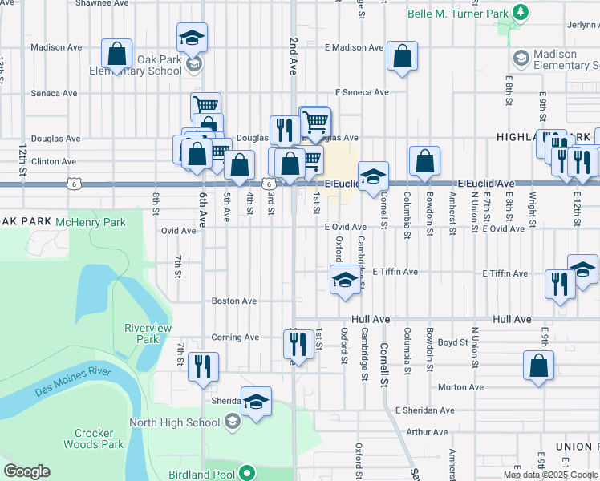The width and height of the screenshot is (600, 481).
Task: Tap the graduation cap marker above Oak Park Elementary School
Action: (x=193, y=38)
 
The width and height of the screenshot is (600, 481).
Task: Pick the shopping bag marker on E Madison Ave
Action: (x=402, y=57)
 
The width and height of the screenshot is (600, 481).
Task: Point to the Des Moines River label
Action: (x=72, y=382)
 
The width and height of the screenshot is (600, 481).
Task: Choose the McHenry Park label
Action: (x=97, y=221)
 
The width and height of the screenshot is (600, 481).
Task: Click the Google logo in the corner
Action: (x=26, y=471)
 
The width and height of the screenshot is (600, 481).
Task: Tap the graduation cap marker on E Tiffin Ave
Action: (x=345, y=281)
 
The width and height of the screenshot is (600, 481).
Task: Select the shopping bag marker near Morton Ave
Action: (x=537, y=365)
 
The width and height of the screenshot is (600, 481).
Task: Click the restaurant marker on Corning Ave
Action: (x=298, y=345)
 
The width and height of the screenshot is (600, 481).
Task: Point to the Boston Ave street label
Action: (x=233, y=301)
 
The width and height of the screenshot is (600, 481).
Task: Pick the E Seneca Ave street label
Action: (x=362, y=93)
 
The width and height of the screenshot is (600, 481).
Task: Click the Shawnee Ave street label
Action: (x=102, y=3)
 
